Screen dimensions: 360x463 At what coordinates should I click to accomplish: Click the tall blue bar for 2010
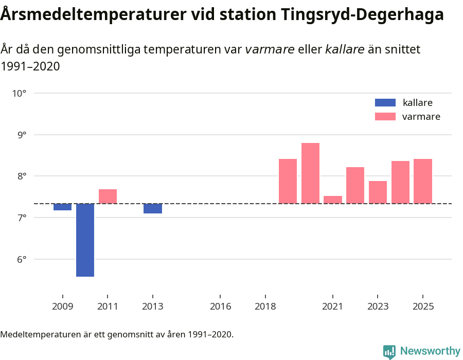coord(85,240)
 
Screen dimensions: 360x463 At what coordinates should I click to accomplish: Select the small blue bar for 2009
coord(63,207)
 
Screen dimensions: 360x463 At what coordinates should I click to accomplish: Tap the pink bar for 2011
coord(108,196)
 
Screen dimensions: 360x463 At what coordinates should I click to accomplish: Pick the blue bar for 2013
coord(152,208)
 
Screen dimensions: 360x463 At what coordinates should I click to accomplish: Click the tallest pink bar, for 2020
coord(310,173)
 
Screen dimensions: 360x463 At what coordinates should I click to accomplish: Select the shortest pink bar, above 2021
coord(333,200)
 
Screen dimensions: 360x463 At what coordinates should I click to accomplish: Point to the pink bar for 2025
coord(422,181)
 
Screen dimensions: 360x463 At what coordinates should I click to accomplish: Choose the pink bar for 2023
coord(378,192)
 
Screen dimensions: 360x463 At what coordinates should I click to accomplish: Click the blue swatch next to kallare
coord(385,102)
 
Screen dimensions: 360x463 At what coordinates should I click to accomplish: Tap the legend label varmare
coord(421,117)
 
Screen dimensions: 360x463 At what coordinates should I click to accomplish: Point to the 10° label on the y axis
coord(20,94)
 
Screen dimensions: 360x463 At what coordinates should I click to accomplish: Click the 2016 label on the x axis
coord(220,307)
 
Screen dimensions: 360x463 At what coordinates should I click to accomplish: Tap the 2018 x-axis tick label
coord(265,307)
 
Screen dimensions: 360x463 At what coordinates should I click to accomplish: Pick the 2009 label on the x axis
coord(63,307)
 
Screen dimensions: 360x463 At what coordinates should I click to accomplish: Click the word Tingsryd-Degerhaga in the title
coord(362,15)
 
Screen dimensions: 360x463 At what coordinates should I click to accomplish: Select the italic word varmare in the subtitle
coord(270,49)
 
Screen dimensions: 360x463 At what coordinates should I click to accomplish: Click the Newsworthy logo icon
coord(389,351)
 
